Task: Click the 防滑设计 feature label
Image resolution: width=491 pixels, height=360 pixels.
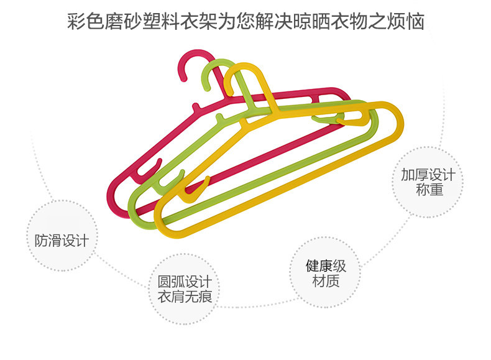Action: click(62, 241)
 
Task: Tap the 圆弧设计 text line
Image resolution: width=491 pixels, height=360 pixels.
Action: click(185, 281)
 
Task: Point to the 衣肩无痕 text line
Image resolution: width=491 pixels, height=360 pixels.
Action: click(185, 297)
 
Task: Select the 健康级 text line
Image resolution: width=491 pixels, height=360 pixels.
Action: click(326, 266)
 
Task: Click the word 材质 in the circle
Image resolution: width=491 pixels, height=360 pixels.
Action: click(326, 282)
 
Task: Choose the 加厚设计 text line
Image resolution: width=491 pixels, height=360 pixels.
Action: click(428, 174)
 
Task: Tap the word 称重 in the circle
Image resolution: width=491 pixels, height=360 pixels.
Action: click(428, 190)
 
